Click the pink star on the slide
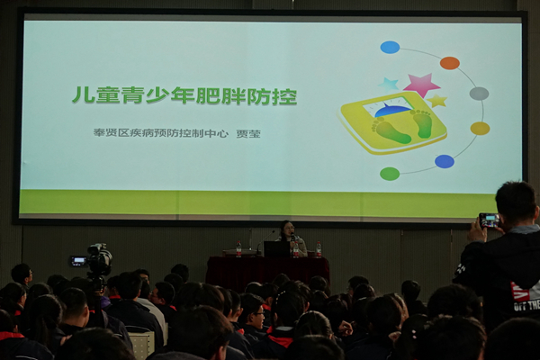coord(421,85)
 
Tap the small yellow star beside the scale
coord(436,101)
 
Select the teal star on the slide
coord(389,85)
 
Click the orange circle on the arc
coord(449,63)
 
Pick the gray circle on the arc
coord(479,94)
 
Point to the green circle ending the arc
coord(390,174)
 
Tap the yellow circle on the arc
coord(480,129)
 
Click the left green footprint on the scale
coord(391,130)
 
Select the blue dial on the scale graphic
coord(392,110)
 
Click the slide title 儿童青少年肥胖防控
coord(184,95)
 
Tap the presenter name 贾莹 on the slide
coord(248,134)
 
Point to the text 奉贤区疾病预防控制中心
coord(161,133)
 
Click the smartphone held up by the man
coord(490,220)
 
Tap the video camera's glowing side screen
coord(79,260)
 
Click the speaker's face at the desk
coord(287,229)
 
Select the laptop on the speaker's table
coord(276,248)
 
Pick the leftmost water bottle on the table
coord(238,248)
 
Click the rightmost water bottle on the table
coord(319,249)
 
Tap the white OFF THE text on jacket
coord(526,306)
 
